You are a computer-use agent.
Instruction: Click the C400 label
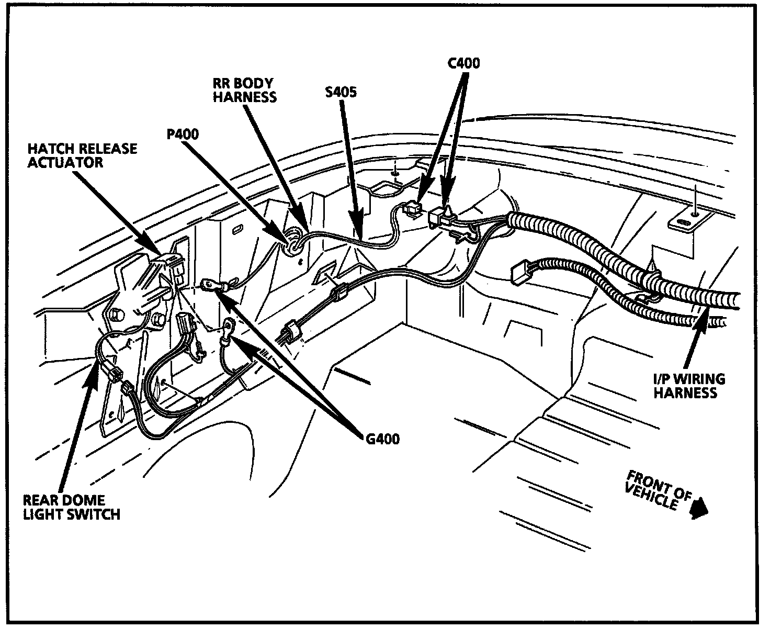pyautogui.click(x=463, y=63)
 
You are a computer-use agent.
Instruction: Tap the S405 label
pyautogui.click(x=340, y=93)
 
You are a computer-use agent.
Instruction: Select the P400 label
pyautogui.click(x=183, y=134)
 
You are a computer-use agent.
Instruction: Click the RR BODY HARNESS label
pyautogui.click(x=244, y=90)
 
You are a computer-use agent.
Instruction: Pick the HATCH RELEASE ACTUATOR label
pyautogui.click(x=82, y=155)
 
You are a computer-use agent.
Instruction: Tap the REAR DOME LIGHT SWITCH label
pyautogui.click(x=71, y=507)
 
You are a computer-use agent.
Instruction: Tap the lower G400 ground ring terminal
pyautogui.click(x=229, y=330)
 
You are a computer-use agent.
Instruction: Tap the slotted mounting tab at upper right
pyautogui.click(x=686, y=221)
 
